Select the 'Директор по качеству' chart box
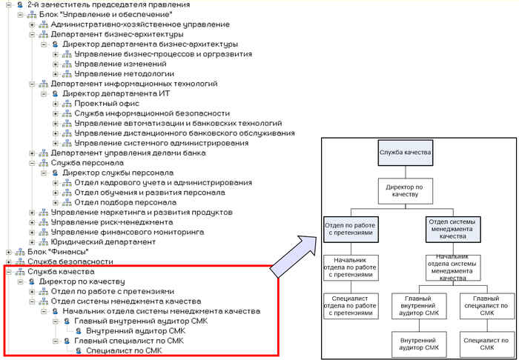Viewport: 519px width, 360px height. coord(404,191)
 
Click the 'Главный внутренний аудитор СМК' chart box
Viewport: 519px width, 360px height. coord(420,305)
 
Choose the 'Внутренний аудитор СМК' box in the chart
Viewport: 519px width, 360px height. coord(420,343)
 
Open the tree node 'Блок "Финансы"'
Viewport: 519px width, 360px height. coord(7,252)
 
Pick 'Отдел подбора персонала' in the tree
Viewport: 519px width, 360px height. coord(125,202)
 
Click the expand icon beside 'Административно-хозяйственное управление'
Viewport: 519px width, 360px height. coord(32,24)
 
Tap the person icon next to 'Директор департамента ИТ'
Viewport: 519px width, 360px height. coord(55,94)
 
